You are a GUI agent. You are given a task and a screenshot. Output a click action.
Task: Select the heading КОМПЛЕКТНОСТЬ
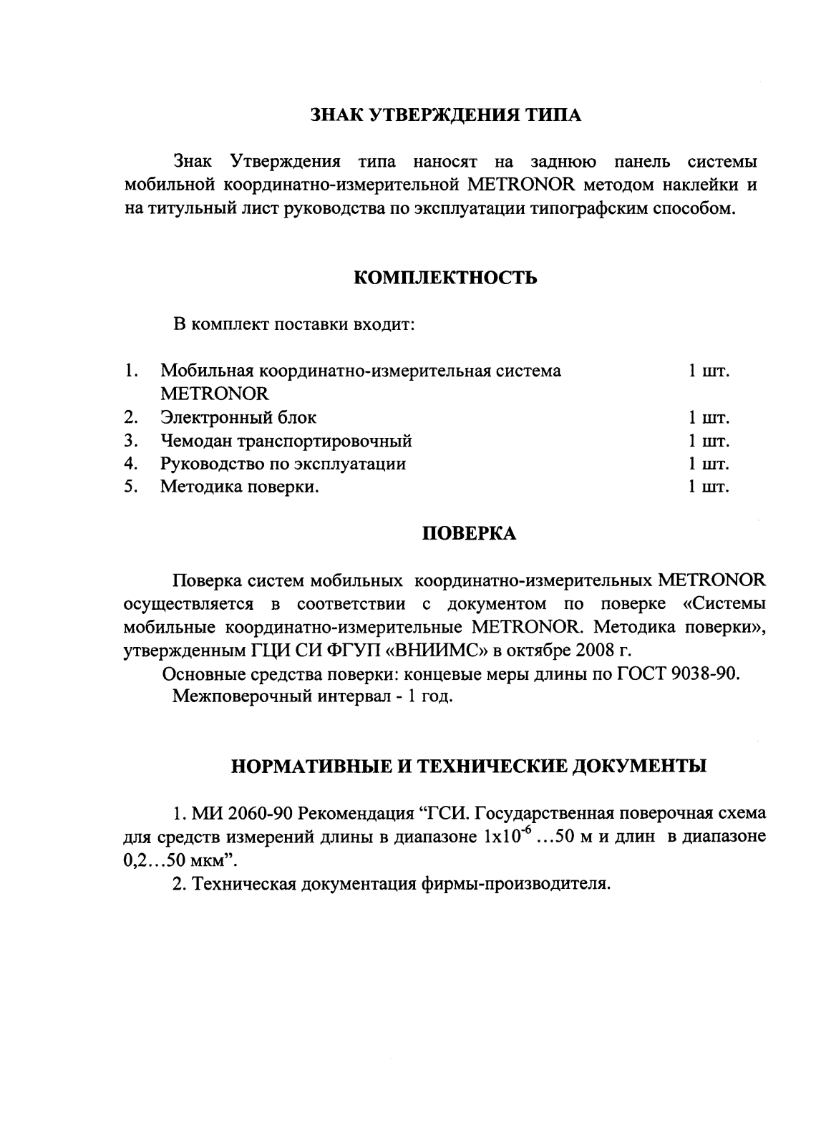[x=445, y=278]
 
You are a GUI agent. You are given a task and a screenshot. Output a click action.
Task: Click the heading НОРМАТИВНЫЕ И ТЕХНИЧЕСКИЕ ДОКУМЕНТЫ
[x=469, y=767]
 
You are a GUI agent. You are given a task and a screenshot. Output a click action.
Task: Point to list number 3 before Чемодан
[x=130, y=441]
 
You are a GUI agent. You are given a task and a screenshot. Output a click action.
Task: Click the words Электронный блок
[x=238, y=417]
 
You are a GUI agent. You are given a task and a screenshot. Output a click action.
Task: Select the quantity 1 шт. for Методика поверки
[x=708, y=487]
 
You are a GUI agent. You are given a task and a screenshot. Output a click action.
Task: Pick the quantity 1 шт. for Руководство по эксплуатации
[x=708, y=464]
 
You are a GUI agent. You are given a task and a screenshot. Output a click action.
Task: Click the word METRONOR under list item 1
[x=214, y=394]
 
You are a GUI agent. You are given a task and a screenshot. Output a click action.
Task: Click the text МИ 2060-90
[x=242, y=814]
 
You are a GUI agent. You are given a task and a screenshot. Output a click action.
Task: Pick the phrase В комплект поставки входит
[x=294, y=324]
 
